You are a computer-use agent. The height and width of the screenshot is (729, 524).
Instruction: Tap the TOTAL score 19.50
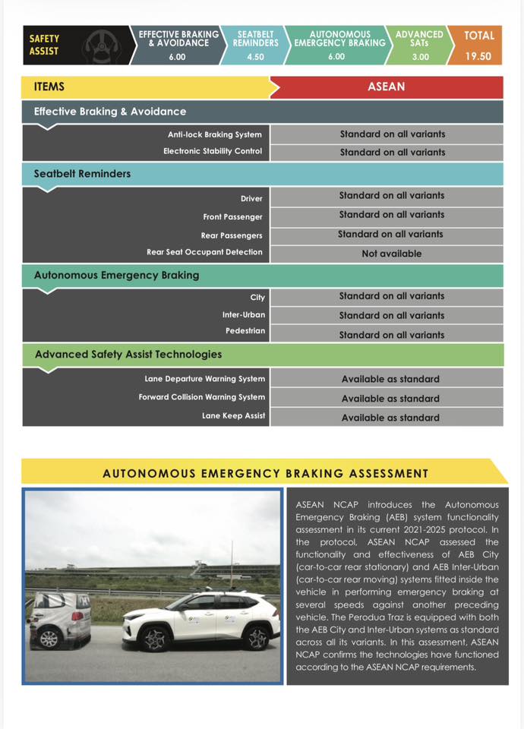coord(478,56)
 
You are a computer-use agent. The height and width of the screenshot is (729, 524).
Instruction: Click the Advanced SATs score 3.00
coord(420,56)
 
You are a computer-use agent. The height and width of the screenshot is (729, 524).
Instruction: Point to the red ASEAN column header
coord(387,87)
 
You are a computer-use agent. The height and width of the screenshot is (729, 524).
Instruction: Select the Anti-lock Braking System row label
coord(215,134)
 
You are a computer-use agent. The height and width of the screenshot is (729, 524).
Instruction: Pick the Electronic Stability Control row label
coord(213,151)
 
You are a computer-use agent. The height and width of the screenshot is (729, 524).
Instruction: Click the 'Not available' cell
coord(391,254)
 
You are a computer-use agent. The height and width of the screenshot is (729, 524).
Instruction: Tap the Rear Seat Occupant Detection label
coord(204,252)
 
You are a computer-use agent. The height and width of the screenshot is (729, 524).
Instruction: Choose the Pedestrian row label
coord(245,332)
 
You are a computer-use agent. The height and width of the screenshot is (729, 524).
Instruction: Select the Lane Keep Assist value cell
coord(390,418)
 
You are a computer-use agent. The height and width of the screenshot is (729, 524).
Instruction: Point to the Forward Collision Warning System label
coord(202,397)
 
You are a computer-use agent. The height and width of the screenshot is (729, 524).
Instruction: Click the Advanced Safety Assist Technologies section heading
coord(128,354)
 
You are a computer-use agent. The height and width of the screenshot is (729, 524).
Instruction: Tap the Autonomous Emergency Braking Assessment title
coord(265,474)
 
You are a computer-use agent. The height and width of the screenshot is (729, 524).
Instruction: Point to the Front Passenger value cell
coord(392,215)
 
